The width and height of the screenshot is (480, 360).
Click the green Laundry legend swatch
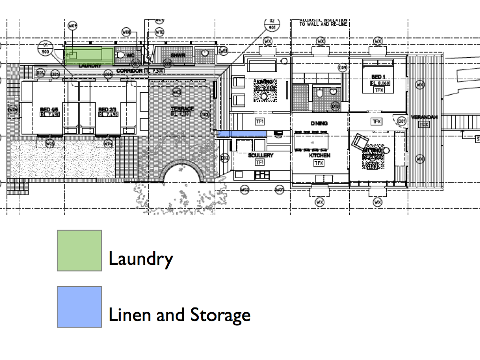79,250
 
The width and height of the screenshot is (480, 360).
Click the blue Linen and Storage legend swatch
79,307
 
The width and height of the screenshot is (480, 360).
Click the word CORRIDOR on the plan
129,71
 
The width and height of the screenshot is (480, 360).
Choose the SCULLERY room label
261,155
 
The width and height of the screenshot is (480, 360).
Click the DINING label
319,123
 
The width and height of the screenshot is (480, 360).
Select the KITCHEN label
319,155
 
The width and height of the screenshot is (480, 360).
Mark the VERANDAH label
424,117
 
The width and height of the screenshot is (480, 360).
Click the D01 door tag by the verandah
401,122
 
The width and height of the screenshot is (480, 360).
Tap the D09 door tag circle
343,68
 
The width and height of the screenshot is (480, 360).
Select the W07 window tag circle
72,26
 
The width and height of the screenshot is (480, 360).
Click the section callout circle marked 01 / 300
45,48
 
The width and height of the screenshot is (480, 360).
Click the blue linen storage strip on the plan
242,134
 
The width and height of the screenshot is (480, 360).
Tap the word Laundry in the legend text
141,258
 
